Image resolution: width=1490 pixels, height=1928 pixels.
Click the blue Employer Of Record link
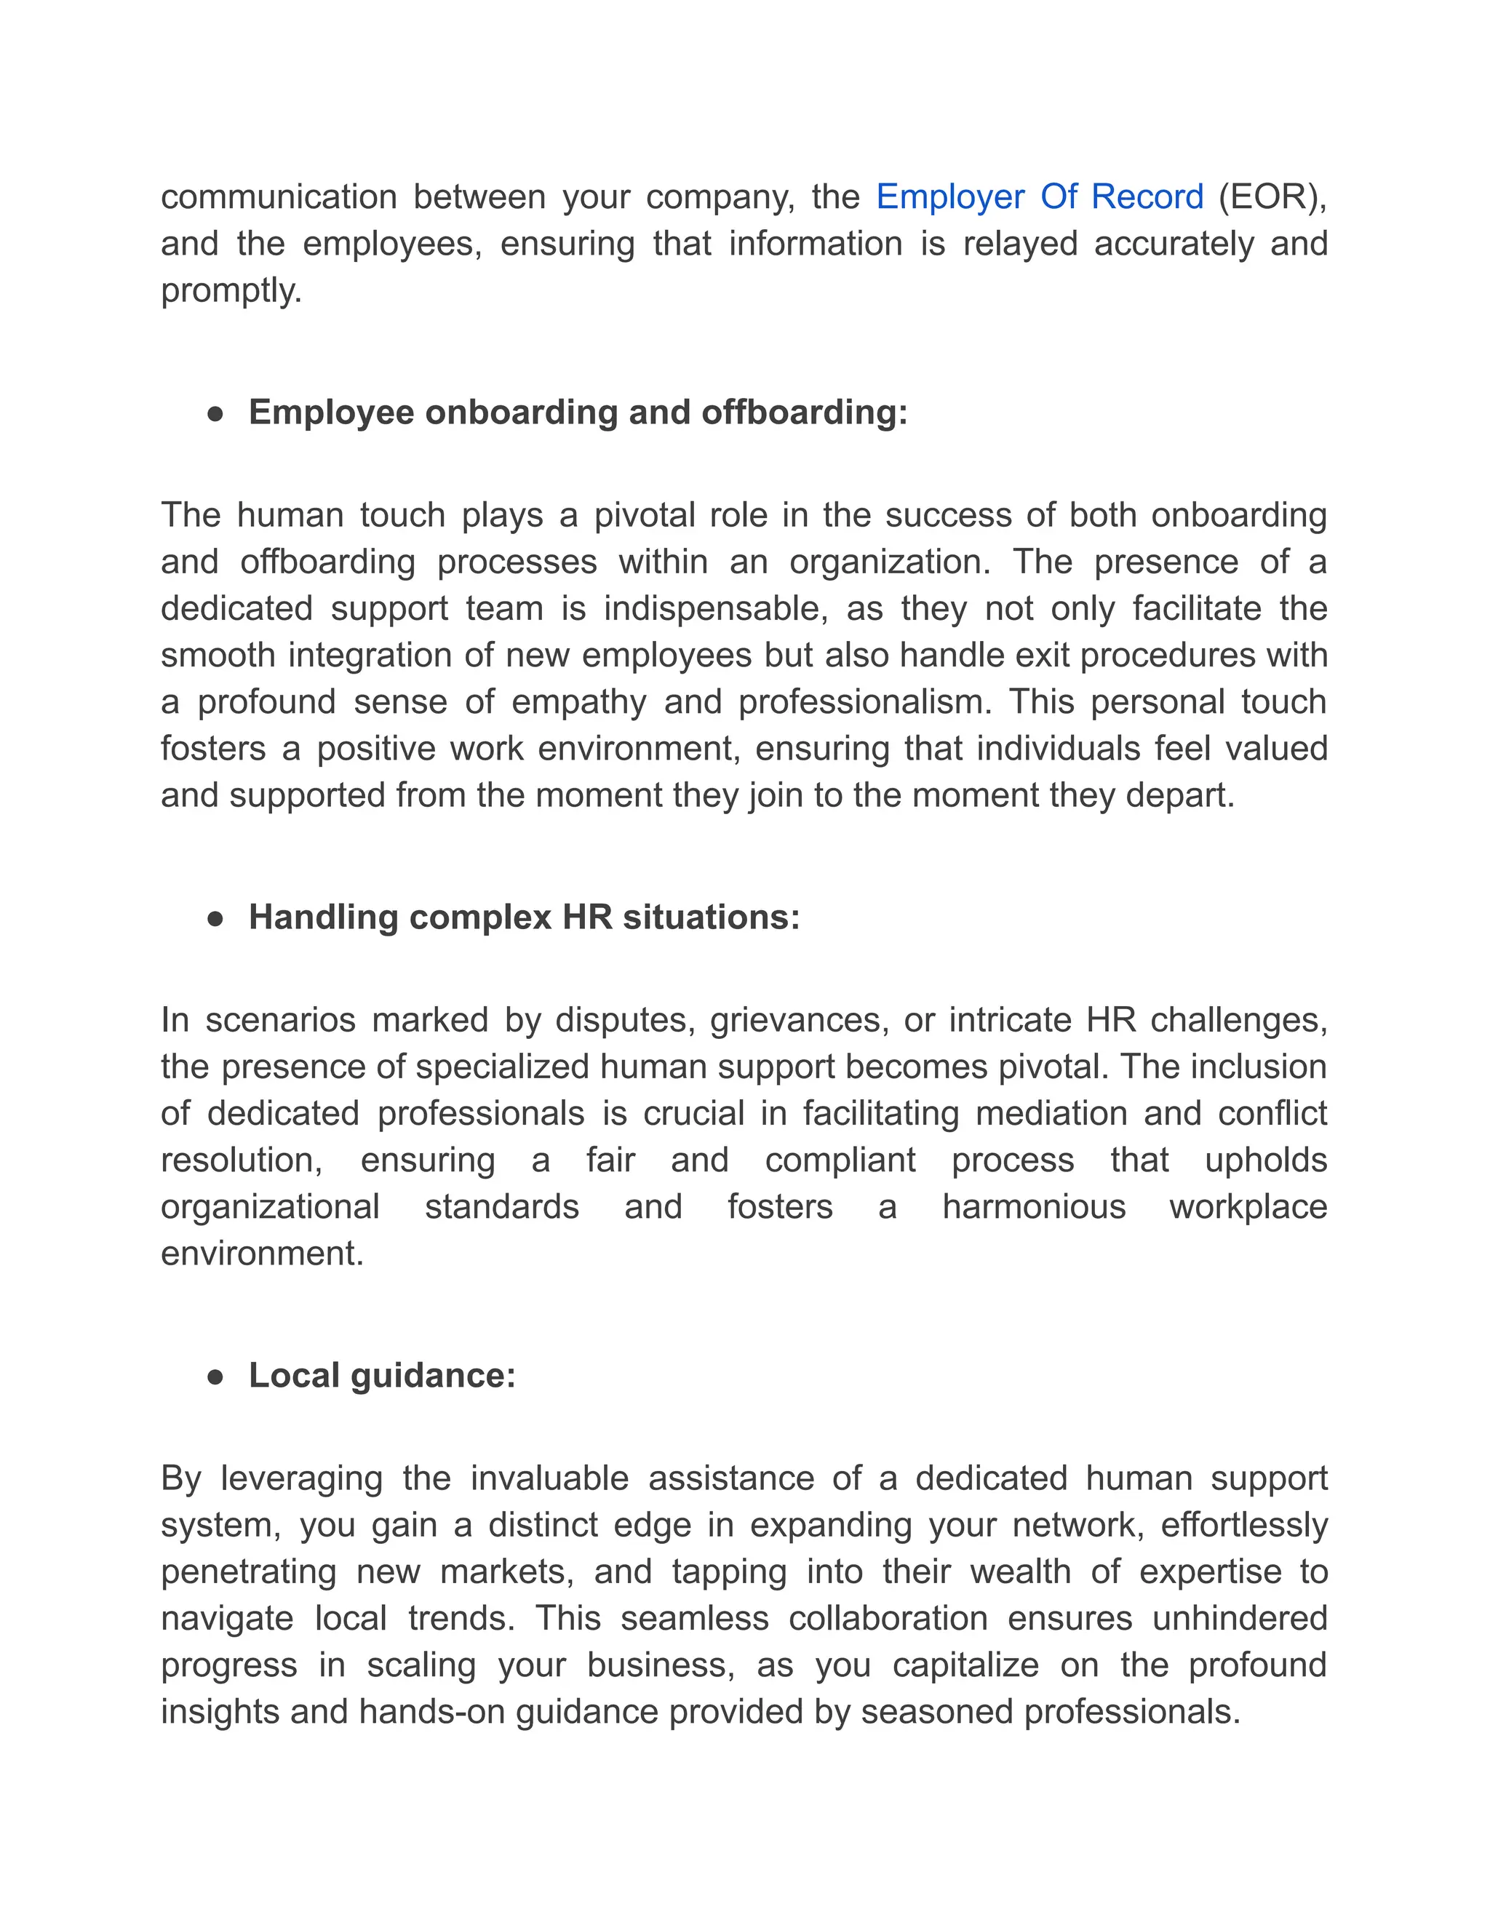[1039, 197]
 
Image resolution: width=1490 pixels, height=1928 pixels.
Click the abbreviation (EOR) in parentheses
[1272, 197]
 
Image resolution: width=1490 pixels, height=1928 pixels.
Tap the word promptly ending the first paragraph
[231, 290]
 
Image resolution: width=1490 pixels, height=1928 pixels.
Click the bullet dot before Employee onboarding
[215, 414]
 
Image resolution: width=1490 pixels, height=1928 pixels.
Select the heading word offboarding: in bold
[804, 413]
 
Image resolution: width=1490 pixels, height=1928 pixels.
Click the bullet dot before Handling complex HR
[215, 919]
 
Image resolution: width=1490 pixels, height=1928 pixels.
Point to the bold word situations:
[711, 917]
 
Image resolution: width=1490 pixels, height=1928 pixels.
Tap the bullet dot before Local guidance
[215, 1377]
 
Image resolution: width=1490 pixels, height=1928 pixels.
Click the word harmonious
[1034, 1207]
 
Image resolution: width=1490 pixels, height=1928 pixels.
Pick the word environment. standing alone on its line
[262, 1254]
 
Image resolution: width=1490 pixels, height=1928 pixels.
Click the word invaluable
[549, 1478]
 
